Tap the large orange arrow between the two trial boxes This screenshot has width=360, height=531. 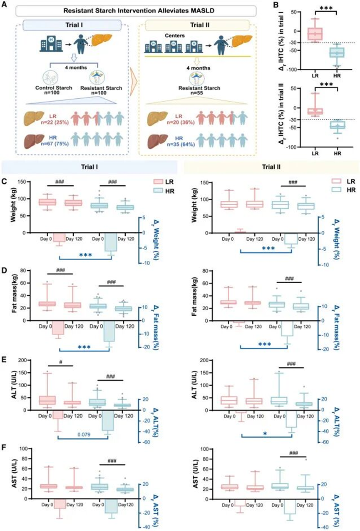pyautogui.click(x=132, y=77)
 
